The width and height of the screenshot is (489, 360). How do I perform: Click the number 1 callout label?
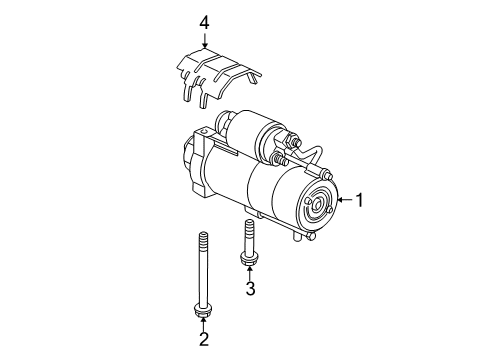[364, 200]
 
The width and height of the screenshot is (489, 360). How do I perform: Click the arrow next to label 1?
[348, 200]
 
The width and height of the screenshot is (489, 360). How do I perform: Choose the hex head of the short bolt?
[249, 260]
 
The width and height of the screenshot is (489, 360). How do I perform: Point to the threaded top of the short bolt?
[248, 228]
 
